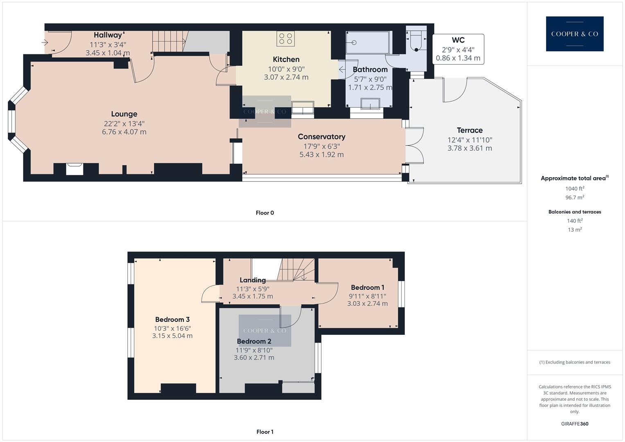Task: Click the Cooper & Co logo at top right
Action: [x=574, y=34]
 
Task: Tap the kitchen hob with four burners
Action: [x=286, y=38]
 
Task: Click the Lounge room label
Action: [x=124, y=114]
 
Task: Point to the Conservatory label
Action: [x=321, y=137]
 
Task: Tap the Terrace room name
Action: [x=469, y=131]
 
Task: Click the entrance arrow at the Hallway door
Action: [x=45, y=42]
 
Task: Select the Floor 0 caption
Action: [x=264, y=213]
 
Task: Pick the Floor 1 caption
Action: [x=264, y=432]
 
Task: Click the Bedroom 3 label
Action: [x=172, y=320]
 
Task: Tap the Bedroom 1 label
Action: [x=367, y=288]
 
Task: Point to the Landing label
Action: [x=253, y=280]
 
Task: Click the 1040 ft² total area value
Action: [x=575, y=189]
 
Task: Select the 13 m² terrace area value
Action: [x=575, y=230]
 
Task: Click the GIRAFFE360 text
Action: [x=575, y=424]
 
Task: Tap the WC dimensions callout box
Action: [x=458, y=49]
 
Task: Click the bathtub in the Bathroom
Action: [x=367, y=43]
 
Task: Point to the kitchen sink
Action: [x=302, y=109]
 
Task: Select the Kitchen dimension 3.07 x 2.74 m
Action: [x=286, y=77]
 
